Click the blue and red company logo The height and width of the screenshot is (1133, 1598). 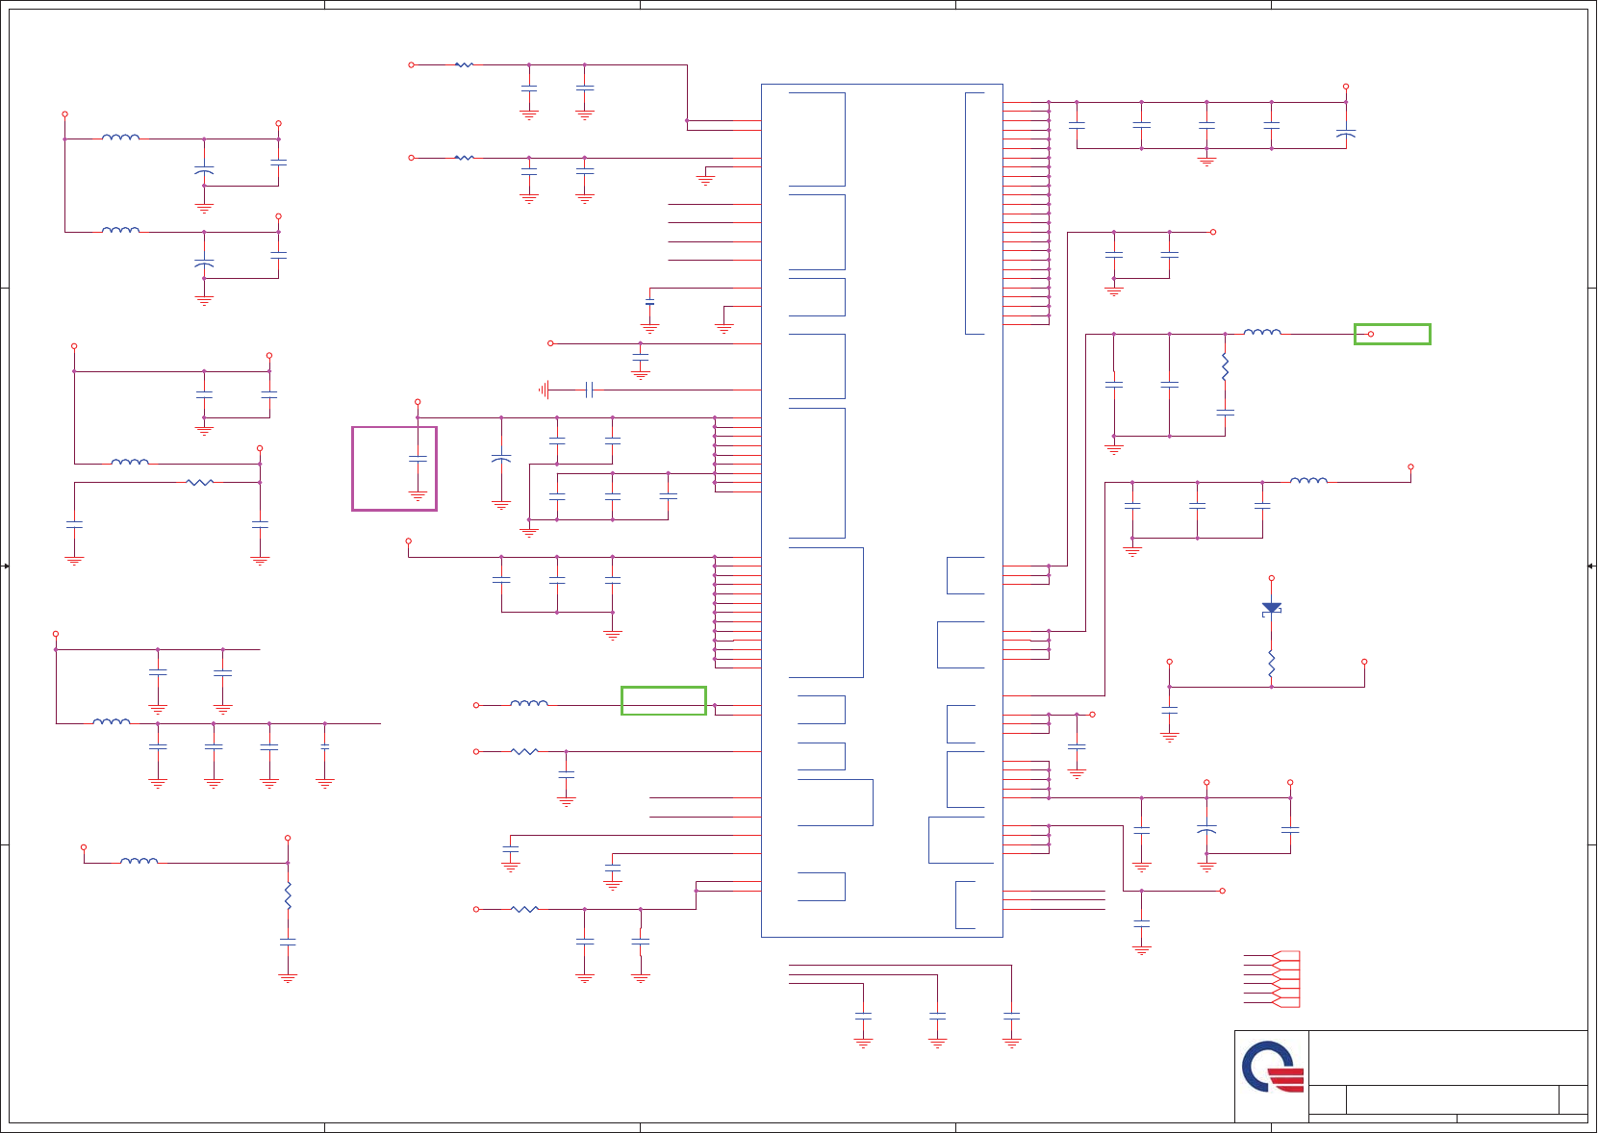1272,1068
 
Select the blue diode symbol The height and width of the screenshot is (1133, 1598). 1271,608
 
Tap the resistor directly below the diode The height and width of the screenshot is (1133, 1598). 1271,663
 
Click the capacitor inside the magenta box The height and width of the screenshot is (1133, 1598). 418,459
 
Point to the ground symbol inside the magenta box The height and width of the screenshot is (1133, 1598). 418,496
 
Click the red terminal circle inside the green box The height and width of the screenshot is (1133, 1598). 1370,334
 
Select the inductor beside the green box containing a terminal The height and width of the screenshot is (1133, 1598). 1262,333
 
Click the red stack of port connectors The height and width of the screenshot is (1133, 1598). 1285,979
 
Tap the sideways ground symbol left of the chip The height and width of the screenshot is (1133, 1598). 545,390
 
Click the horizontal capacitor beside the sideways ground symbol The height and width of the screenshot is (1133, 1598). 589,390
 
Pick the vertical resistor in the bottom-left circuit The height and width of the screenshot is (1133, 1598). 288,896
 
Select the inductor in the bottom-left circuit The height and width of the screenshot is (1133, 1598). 139,861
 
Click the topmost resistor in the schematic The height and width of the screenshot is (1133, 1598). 464,64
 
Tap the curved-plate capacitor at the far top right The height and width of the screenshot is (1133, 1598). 1345,134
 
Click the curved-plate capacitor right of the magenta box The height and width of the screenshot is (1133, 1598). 501,460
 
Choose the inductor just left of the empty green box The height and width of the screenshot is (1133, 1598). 528,704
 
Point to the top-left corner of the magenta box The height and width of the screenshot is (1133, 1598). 353,428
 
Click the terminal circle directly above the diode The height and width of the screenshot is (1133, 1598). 1271,578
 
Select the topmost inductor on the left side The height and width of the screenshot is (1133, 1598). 120,138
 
